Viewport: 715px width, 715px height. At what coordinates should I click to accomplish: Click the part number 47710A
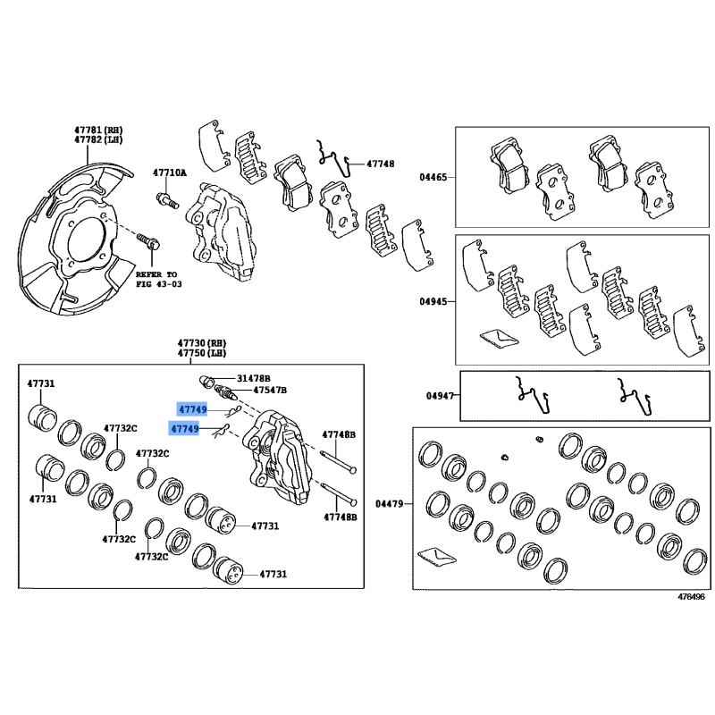[170, 172]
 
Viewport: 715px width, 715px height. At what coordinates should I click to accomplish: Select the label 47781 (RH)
[98, 130]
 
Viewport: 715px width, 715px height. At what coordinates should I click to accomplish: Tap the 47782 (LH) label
[98, 139]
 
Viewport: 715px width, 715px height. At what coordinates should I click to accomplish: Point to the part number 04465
[433, 177]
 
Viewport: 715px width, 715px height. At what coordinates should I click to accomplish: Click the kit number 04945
[433, 301]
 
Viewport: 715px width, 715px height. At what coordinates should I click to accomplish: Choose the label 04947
[440, 395]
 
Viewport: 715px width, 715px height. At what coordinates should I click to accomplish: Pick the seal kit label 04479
[390, 503]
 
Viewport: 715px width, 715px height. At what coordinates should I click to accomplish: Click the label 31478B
[254, 378]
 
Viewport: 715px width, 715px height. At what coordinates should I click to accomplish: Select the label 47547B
[270, 390]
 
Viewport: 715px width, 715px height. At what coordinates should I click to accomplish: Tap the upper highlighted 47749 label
[192, 409]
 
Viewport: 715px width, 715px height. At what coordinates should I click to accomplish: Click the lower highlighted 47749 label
[184, 429]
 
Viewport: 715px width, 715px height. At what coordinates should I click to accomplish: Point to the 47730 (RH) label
[202, 343]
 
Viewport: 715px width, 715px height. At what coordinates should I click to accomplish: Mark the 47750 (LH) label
[202, 353]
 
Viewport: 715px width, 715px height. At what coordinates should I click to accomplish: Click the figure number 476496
[691, 596]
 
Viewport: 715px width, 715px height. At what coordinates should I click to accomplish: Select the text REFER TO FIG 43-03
[159, 279]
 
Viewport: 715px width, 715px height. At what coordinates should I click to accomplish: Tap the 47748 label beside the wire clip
[381, 164]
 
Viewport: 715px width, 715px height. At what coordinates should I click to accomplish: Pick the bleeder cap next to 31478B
[206, 382]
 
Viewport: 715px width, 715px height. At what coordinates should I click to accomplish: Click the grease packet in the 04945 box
[500, 338]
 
